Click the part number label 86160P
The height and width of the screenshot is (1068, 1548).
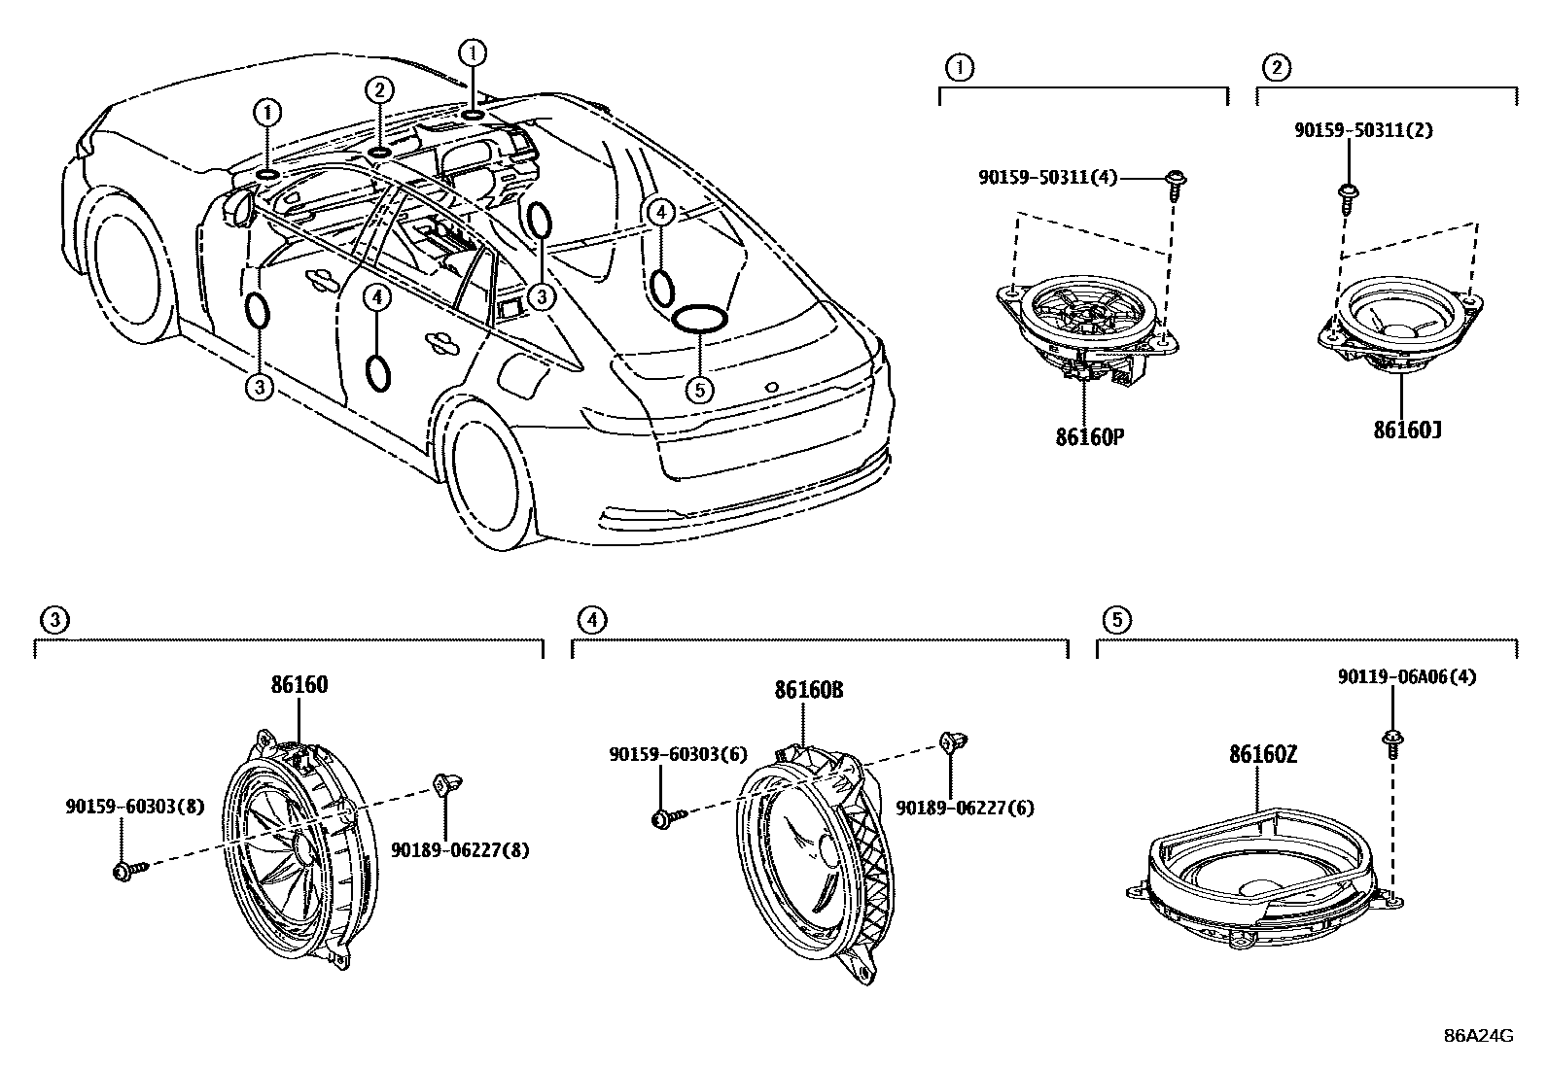point(1089,437)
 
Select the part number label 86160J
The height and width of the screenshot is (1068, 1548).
point(1406,430)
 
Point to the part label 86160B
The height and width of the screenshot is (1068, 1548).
point(808,691)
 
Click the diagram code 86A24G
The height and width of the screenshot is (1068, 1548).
point(1479,1035)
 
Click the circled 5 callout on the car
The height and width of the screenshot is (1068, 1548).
point(699,390)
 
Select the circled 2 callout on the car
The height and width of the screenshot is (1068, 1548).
point(379,90)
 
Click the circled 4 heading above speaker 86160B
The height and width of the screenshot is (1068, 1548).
point(591,619)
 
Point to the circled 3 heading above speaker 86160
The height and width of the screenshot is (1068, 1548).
point(54,619)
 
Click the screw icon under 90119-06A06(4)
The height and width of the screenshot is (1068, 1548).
point(1392,743)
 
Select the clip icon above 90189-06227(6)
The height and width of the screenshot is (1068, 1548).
point(948,743)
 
